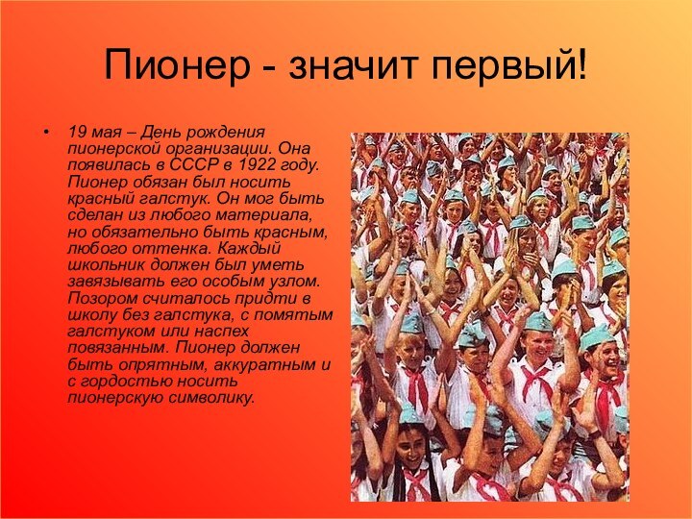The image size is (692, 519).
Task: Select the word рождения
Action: point(231,129)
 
